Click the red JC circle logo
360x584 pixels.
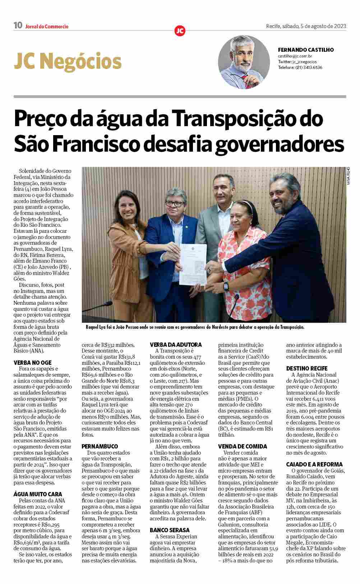180,31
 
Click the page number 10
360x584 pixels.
18,26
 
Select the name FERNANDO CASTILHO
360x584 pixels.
306,50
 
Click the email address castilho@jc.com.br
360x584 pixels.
295,56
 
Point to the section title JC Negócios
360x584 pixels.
68,61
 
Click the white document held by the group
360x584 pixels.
193,264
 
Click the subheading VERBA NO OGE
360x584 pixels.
32,363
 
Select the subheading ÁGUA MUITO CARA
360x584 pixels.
38,494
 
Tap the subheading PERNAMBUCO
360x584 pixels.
100,446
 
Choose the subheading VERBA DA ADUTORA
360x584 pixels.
176,345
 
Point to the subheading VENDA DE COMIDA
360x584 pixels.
243,446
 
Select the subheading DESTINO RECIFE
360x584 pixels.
307,368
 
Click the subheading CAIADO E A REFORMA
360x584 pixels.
314,464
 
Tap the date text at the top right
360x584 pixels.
306,26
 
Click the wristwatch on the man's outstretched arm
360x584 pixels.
226,286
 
